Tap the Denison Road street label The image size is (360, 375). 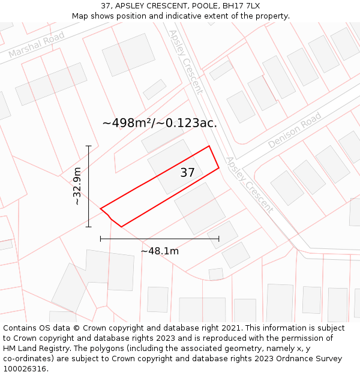(x=295, y=130)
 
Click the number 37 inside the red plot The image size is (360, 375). (x=187, y=173)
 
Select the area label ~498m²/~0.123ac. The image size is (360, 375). (x=160, y=123)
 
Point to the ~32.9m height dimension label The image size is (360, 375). (x=77, y=186)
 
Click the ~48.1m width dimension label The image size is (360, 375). (x=160, y=251)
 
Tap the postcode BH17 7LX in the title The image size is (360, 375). (x=240, y=6)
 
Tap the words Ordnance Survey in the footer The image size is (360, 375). (x=311, y=359)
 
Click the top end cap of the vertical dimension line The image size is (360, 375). (x=89, y=146)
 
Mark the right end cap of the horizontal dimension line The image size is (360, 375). (x=218, y=239)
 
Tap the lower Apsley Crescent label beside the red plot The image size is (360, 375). (x=250, y=184)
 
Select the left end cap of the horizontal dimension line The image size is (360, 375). (x=101, y=239)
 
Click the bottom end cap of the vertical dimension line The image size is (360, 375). (x=89, y=227)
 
